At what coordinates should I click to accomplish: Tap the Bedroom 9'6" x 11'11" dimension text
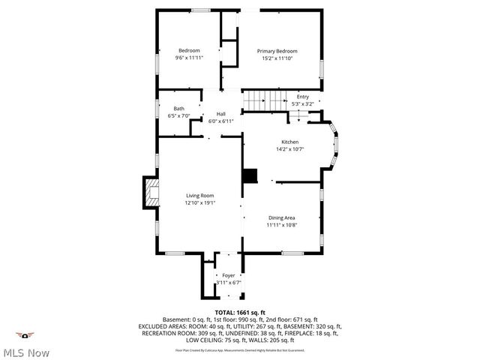[x=189, y=58]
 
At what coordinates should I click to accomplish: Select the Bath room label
[x=179, y=109]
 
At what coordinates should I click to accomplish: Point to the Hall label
[x=221, y=113]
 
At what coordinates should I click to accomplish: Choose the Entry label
[x=302, y=97]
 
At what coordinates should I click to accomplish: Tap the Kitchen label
[x=290, y=142]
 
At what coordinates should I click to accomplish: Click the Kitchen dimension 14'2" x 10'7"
[x=290, y=149]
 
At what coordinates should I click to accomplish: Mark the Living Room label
[x=200, y=196]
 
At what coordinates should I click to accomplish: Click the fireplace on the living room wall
[x=150, y=193]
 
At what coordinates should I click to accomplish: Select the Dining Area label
[x=282, y=217]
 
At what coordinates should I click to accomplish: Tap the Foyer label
[x=228, y=276]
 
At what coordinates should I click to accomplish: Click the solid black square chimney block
[x=249, y=175]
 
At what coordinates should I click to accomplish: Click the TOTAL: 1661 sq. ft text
[x=240, y=312]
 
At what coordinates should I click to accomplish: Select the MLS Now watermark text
[x=26, y=352]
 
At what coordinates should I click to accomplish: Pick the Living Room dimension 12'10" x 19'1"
[x=200, y=203]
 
